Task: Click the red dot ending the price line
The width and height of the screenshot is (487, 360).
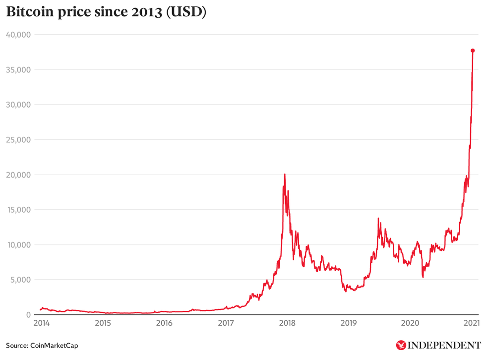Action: (473, 51)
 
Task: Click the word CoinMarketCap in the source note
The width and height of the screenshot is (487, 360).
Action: (54, 345)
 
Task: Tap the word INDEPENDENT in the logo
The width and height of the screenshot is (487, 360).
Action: (444, 345)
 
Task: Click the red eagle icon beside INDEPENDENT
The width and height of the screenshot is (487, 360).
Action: (400, 345)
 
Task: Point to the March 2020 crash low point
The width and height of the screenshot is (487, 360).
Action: (423, 277)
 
